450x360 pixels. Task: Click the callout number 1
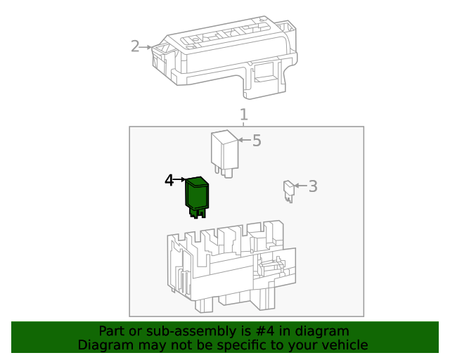click(x=243, y=115)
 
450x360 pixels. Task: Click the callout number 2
click(x=135, y=46)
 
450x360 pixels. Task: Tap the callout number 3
click(x=313, y=186)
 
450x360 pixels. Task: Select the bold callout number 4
click(x=169, y=181)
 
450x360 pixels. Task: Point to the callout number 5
click(x=257, y=141)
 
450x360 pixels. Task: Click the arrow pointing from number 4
click(x=179, y=181)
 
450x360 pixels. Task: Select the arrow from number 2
click(x=147, y=47)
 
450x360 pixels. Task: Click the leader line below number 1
click(x=243, y=124)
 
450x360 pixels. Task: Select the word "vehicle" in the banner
click(x=344, y=345)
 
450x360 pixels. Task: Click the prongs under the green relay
click(x=198, y=212)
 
